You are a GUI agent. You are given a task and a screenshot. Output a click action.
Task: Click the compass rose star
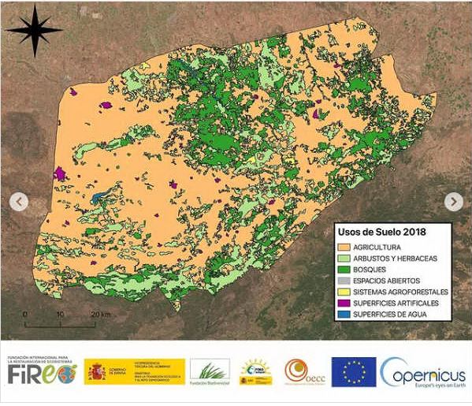[x=34, y=30]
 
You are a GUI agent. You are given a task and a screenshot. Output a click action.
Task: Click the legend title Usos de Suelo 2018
[x=382, y=232]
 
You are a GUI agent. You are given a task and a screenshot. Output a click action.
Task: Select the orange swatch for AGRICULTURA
[x=345, y=247]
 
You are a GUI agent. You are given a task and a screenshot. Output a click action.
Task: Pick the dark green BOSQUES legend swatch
[x=345, y=270]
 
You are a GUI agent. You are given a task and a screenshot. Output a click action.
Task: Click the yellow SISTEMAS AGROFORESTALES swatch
[x=345, y=292]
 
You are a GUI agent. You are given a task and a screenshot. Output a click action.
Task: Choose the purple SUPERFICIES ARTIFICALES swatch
[x=345, y=303]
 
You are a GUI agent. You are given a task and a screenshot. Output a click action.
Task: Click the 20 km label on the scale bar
[x=98, y=315]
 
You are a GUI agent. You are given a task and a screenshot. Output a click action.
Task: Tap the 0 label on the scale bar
[x=25, y=315]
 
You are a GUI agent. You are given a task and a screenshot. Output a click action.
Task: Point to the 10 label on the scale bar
[x=60, y=315]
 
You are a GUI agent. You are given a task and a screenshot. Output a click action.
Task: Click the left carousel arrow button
[x=18, y=202]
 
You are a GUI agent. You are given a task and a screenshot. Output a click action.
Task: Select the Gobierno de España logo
[x=134, y=371]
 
